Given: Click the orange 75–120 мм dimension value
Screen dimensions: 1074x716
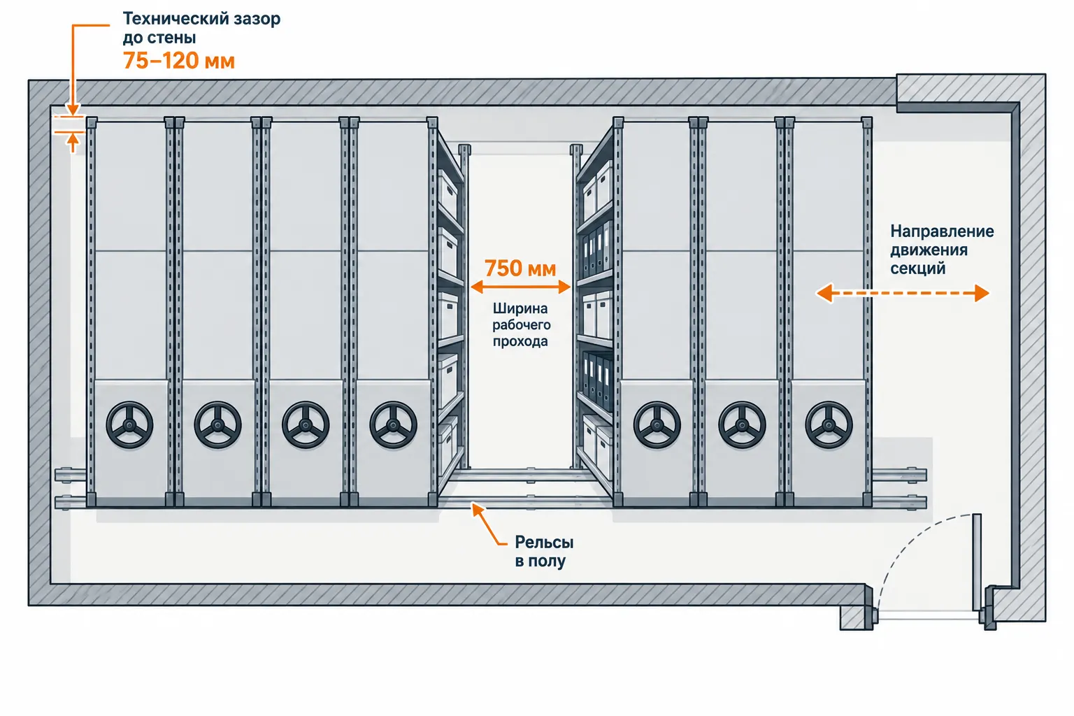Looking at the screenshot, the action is click(x=179, y=61).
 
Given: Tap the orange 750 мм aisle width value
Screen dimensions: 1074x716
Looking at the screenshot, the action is click(x=520, y=268).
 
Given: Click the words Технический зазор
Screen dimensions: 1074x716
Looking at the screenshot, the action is click(x=202, y=19).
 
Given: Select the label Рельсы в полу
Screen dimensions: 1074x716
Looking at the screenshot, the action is click(x=544, y=552).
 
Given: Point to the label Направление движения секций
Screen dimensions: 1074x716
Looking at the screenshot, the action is click(x=942, y=250).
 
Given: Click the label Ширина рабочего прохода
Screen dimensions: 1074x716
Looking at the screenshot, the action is click(x=521, y=324).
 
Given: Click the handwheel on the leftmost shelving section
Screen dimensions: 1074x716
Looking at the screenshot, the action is click(x=129, y=425).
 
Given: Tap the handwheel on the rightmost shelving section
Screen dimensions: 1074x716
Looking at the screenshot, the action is click(x=829, y=425).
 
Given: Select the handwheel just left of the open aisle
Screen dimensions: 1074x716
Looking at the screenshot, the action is click(x=393, y=425).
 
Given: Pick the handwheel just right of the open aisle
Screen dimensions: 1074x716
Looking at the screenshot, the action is click(x=657, y=425).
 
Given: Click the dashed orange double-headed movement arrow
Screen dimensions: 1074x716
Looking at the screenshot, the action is click(x=903, y=293).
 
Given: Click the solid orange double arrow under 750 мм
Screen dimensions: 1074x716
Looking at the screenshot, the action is click(x=521, y=287).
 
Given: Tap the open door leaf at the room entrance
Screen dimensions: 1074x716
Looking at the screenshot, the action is click(x=977, y=562).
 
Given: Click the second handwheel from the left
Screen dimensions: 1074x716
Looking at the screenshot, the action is click(x=217, y=425).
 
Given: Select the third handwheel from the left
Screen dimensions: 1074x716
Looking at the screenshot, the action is click(x=306, y=425).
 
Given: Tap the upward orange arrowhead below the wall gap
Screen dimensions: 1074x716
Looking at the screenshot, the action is click(x=73, y=139).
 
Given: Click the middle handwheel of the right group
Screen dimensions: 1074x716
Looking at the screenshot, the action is click(x=742, y=425).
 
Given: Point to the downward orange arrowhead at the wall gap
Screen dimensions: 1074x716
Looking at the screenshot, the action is click(x=73, y=110).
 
